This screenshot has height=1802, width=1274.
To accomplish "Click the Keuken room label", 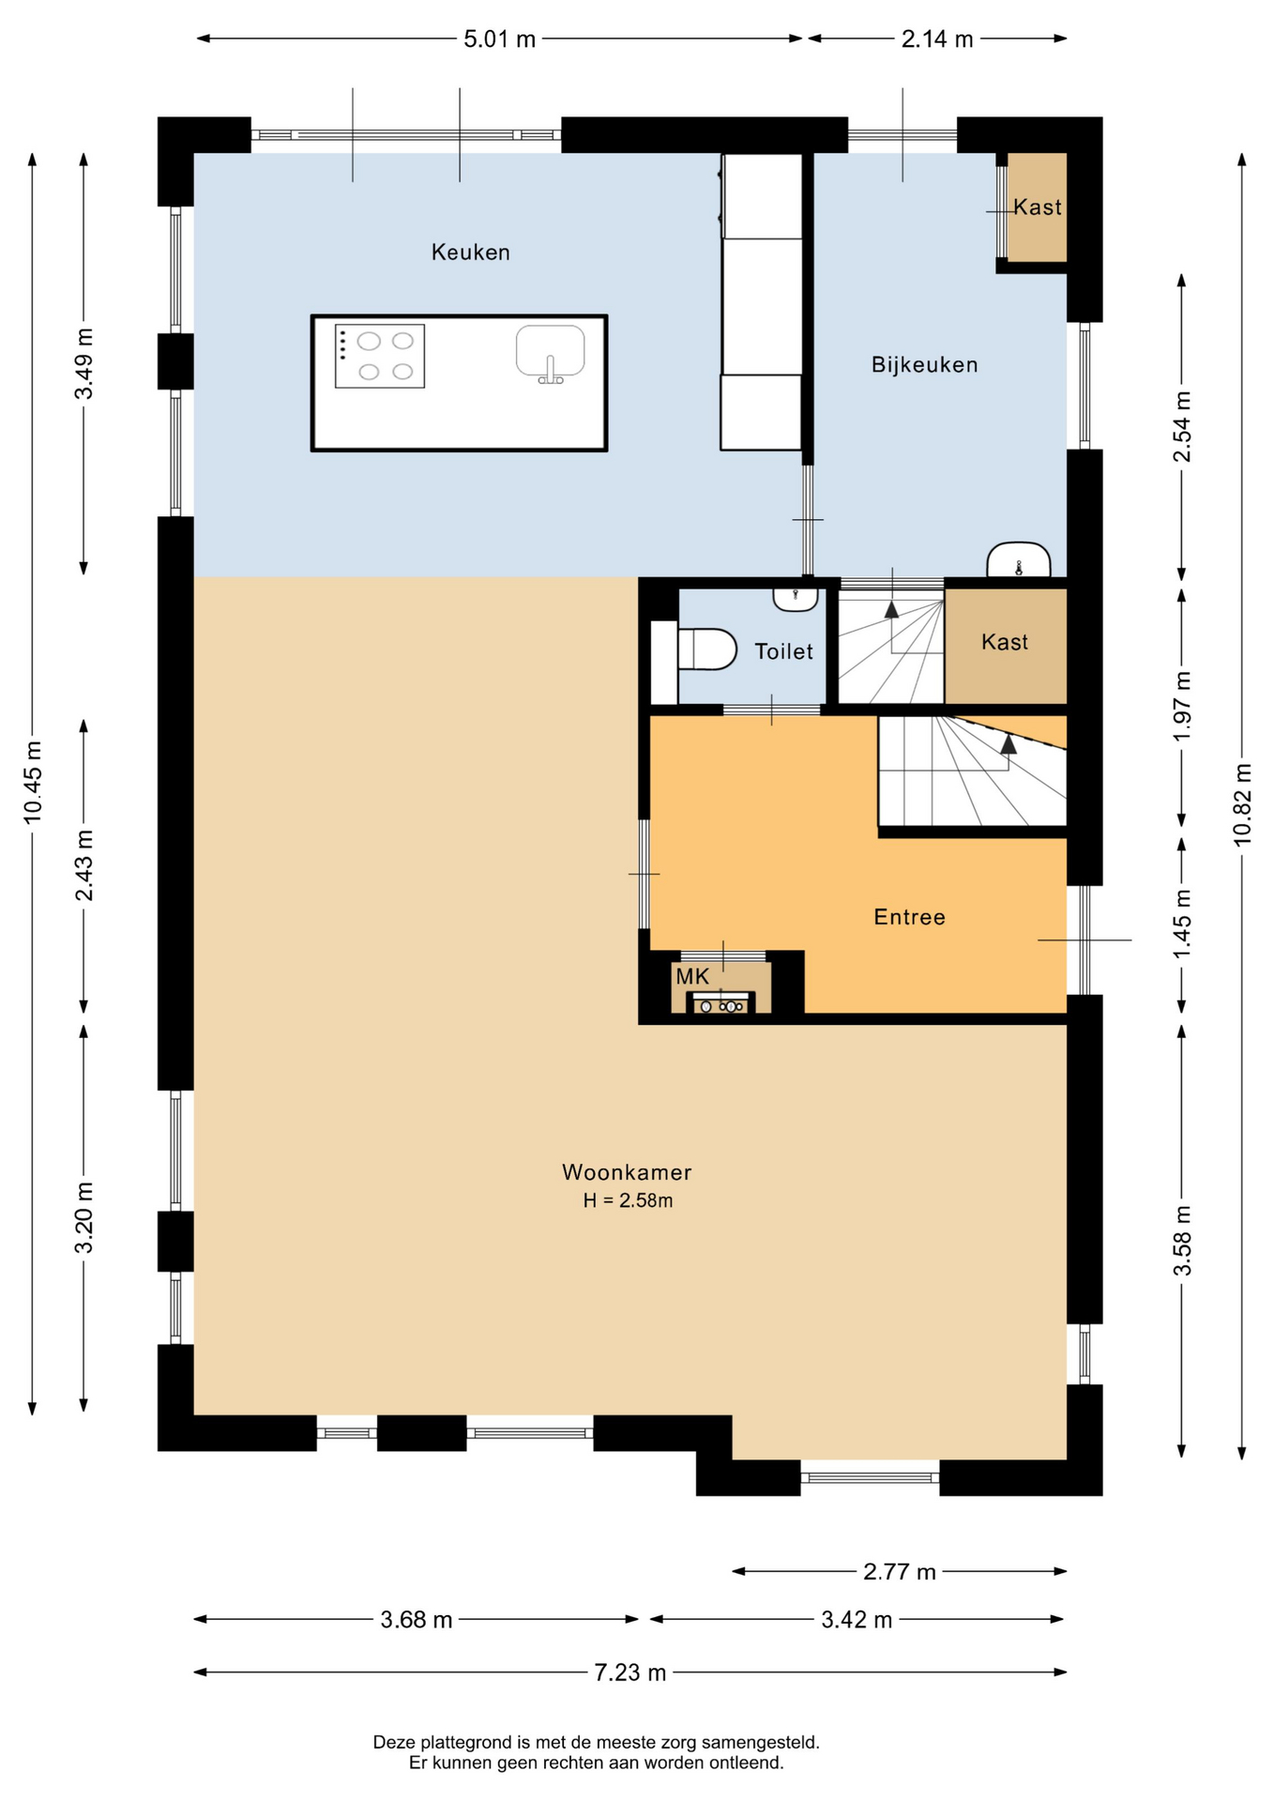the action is [470, 252].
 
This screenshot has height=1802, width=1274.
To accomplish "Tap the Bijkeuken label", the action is [924, 365].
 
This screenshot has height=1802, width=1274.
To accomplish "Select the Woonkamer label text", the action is [627, 1172].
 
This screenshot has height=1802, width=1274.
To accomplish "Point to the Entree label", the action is [909, 917].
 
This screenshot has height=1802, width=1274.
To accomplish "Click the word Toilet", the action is [783, 651].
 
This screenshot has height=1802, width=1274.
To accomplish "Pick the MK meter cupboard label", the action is [692, 977].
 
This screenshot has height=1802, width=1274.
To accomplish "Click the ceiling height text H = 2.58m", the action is [628, 1200].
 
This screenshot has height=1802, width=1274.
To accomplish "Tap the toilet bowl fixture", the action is [707, 649].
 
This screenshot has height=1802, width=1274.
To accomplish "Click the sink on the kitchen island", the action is [551, 354].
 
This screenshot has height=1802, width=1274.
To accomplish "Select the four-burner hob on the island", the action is [380, 357].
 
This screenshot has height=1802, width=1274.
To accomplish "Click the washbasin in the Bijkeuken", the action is [1018, 560].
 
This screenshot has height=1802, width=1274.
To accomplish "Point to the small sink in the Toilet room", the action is [796, 598].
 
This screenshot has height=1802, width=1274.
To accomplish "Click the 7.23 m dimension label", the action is [629, 1672].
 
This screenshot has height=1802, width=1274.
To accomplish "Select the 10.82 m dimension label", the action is [1243, 804].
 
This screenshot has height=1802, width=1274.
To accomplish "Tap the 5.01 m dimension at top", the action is [500, 39].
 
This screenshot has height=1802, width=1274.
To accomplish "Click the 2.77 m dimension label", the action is [900, 1571].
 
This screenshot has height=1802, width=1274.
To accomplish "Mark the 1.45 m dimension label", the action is [1182, 925].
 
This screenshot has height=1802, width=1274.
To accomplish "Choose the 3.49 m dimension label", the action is [84, 363].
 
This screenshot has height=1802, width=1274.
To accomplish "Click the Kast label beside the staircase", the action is [1005, 642].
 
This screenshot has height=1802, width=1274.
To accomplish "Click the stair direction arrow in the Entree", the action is [1009, 743].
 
